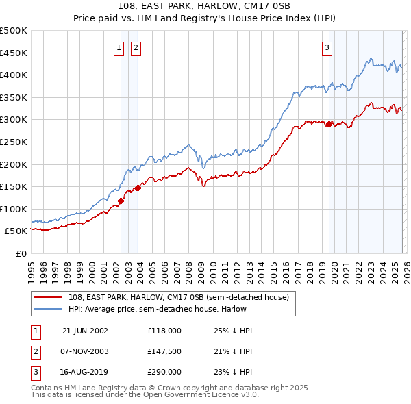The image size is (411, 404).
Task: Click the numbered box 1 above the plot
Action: point(119,47)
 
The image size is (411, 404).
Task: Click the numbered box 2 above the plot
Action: point(136,47)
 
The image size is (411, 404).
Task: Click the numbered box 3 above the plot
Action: point(327,47)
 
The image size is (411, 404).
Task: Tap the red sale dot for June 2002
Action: point(121,201)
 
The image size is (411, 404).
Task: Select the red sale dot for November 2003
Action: point(138,187)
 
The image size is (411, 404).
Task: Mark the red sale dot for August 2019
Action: point(329,124)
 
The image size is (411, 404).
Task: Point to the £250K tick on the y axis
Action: point(14,142)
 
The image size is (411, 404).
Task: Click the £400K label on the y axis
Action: point(14,75)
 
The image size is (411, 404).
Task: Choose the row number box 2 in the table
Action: point(34,351)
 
